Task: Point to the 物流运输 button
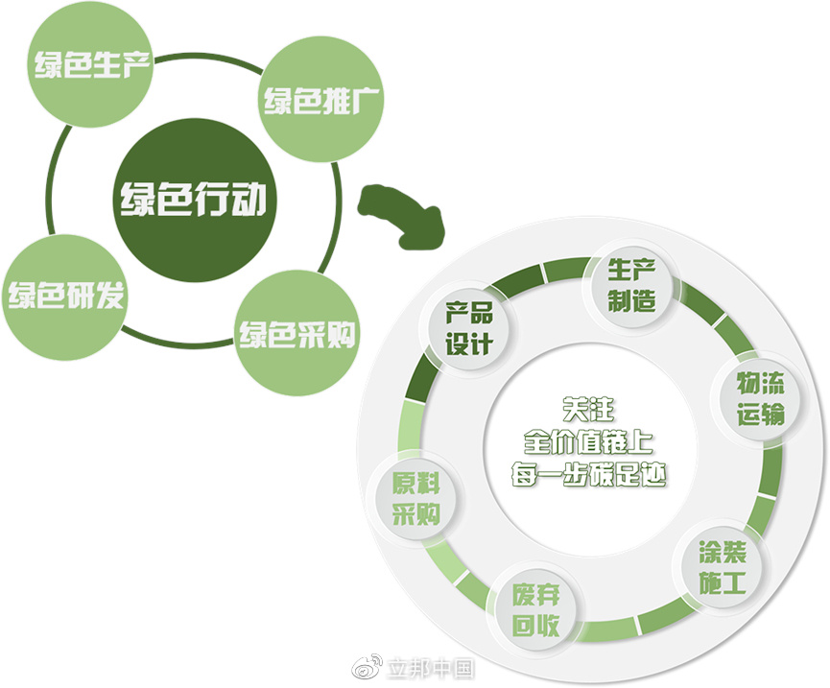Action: tap(761, 399)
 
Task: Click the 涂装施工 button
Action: tap(723, 566)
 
